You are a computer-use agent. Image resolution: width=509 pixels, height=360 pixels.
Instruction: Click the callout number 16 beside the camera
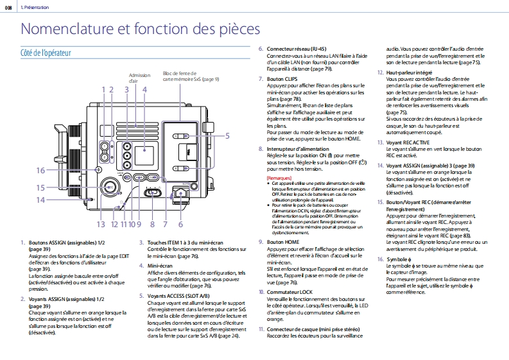pyautogui.click(x=40, y=171)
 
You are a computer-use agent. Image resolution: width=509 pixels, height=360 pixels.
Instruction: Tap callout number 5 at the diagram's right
pyautogui.click(x=227, y=135)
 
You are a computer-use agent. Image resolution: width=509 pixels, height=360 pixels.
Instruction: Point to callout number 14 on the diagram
pyautogui.click(x=40, y=200)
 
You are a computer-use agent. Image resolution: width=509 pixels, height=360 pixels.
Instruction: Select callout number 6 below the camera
pyautogui.click(x=180, y=224)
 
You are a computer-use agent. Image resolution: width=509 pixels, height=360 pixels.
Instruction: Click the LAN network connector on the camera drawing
pyautogui.click(x=180, y=191)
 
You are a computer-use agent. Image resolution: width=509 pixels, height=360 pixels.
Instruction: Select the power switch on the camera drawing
pyautogui.click(x=153, y=192)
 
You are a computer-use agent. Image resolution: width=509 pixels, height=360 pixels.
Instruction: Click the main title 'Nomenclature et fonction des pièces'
pyautogui.click(x=141, y=29)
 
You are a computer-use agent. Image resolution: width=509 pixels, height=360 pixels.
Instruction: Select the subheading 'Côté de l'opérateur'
pyautogui.click(x=46, y=53)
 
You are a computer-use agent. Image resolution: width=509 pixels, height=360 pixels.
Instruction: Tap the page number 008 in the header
pyautogui.click(x=9, y=6)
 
